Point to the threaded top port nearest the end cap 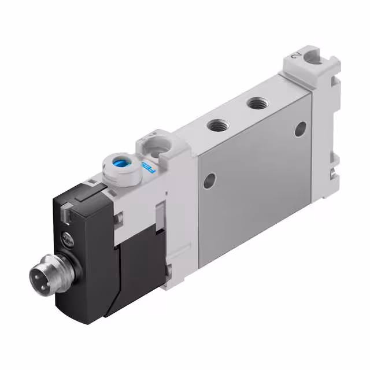pos(255,105)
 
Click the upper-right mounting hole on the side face pos(300,128)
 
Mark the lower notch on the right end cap pos(333,172)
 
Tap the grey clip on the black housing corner pos(67,214)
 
